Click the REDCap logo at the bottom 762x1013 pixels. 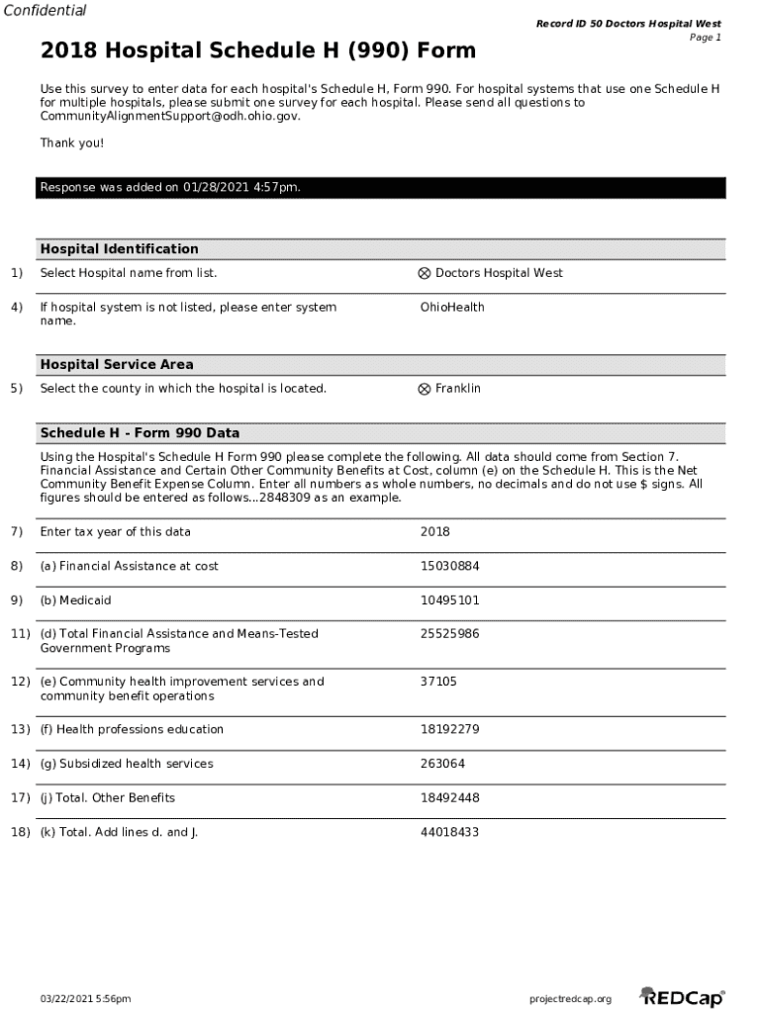[x=682, y=997]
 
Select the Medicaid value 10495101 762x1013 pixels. [x=449, y=600]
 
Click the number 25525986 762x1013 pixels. [x=449, y=634]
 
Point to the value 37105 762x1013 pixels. [x=438, y=682]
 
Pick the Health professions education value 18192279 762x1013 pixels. [x=449, y=730]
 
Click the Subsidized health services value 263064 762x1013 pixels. [x=442, y=764]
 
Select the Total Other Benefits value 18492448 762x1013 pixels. [x=449, y=798]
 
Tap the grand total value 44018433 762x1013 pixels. [x=449, y=833]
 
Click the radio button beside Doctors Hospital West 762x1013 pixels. [x=425, y=274]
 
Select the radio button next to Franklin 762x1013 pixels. [x=425, y=389]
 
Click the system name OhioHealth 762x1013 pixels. [x=452, y=308]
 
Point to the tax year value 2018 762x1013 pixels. [x=434, y=532]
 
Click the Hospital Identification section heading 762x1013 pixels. [x=119, y=249]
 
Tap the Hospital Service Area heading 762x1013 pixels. [x=117, y=365]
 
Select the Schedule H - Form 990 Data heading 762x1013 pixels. [x=140, y=433]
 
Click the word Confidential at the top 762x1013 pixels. [x=44, y=11]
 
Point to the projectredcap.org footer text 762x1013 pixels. [x=571, y=999]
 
